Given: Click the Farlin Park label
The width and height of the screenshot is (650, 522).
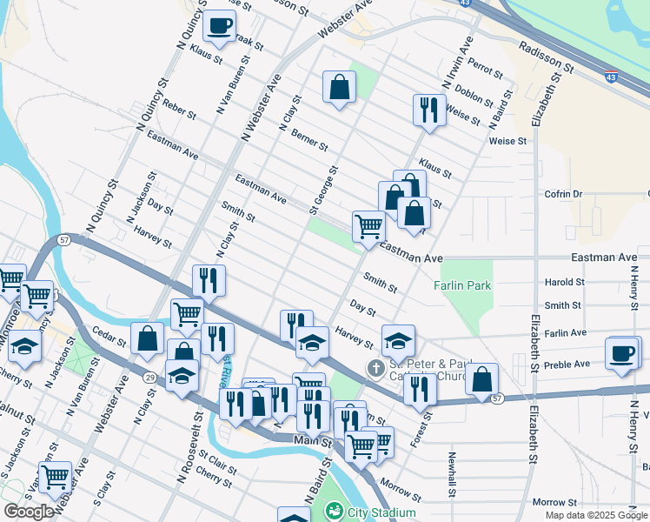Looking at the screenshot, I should click(463, 285).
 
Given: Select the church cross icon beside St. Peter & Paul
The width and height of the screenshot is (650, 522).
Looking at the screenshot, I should click(375, 368).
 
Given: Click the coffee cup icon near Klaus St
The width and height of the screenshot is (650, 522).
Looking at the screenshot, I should click(220, 25).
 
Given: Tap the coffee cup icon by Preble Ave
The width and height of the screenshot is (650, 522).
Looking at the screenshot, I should click(622, 353).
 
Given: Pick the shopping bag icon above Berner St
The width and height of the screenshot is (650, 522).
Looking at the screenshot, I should click(339, 87).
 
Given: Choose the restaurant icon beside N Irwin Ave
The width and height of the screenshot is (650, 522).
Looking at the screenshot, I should click(428, 110).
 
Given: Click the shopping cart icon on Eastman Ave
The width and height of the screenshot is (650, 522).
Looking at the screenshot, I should click(369, 227).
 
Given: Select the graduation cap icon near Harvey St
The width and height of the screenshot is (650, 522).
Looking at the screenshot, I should click(398, 340).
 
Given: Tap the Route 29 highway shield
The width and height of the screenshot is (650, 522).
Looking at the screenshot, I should click(149, 376).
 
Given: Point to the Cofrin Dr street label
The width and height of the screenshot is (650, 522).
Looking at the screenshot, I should click(563, 194).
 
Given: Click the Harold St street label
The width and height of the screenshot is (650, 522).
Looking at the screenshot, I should click(564, 282).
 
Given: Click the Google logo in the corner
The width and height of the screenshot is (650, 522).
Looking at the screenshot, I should click(28, 512).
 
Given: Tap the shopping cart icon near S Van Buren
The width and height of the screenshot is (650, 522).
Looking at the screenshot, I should click(55, 477).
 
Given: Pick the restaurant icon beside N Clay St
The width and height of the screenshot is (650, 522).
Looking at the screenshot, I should click(208, 280).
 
